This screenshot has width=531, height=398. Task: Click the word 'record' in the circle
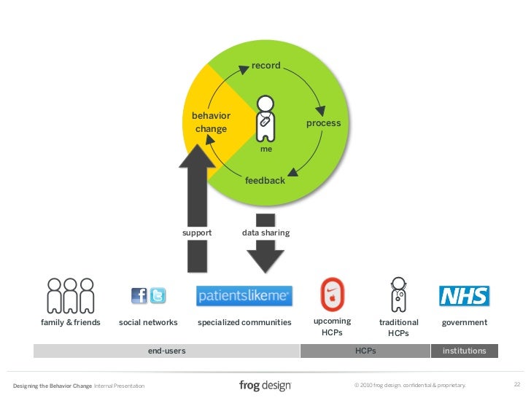(x=265, y=66)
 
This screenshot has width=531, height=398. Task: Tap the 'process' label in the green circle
(x=323, y=123)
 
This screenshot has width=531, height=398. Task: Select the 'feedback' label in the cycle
(x=265, y=180)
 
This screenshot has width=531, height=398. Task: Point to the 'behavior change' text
(x=211, y=122)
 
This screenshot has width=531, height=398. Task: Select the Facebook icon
(x=139, y=296)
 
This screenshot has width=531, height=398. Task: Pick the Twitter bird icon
(x=158, y=296)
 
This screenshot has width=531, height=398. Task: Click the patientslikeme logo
(x=244, y=296)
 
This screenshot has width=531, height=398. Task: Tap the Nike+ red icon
(x=333, y=294)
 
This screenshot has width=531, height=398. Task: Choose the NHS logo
(x=464, y=295)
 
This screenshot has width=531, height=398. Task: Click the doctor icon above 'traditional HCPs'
(x=398, y=293)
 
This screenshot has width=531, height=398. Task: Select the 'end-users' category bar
(x=166, y=351)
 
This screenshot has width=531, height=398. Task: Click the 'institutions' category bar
(x=464, y=351)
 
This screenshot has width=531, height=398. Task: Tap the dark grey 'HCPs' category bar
(x=365, y=351)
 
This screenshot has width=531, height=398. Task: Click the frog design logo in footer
(x=265, y=385)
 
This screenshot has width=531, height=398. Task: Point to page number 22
(x=517, y=385)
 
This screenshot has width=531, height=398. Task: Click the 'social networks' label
(x=148, y=322)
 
